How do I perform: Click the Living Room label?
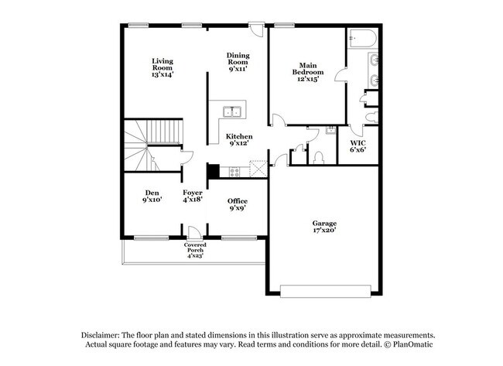coord(162,68)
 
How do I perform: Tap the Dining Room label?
coord(238,62)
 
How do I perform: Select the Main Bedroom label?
coord(307,72)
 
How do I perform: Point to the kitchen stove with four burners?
coord(234,171)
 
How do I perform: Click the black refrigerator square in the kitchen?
coord(213,170)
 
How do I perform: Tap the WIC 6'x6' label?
coord(358,147)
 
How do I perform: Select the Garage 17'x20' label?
coord(324,227)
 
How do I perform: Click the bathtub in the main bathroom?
coord(363,37)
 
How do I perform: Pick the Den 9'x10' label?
coord(152,197)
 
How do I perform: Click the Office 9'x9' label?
coord(238,205)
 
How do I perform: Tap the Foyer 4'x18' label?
coord(193,197)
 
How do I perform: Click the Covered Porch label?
coord(195,250)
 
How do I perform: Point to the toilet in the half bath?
coord(319,157)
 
